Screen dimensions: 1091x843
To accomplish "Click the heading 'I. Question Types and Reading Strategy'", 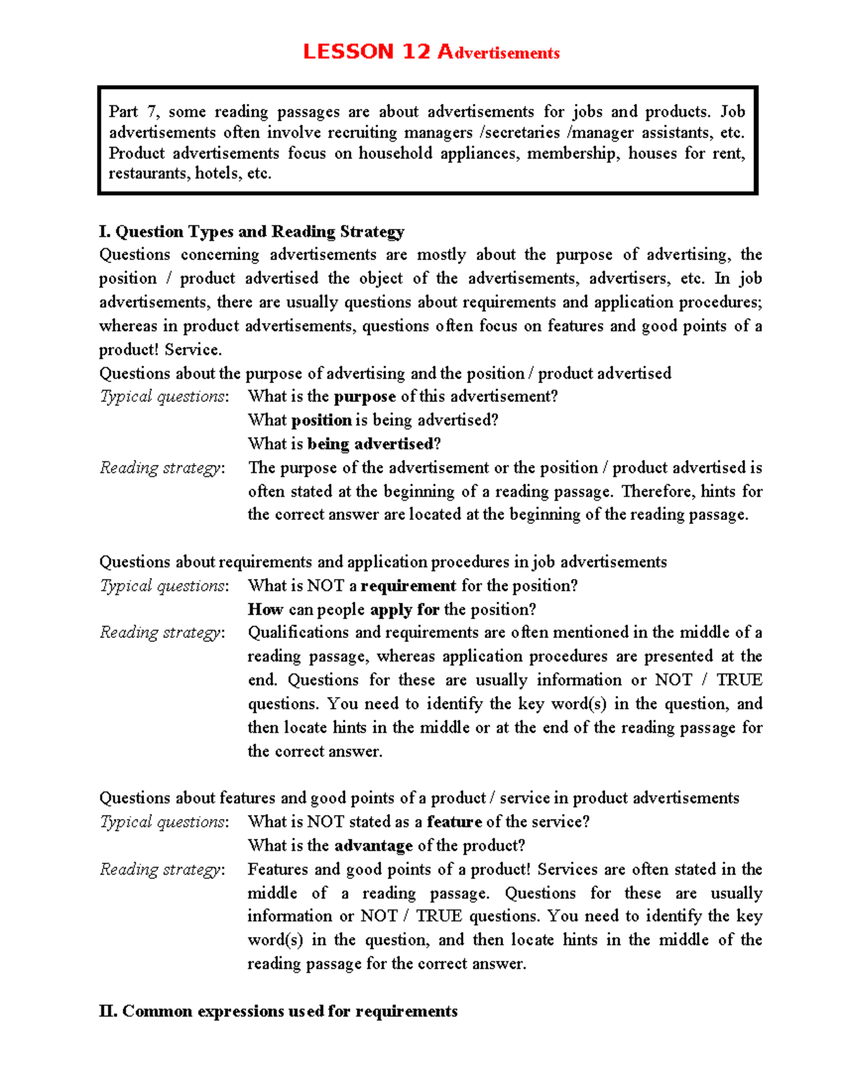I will (251, 232).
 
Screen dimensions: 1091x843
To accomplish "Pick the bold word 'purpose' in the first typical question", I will (365, 396).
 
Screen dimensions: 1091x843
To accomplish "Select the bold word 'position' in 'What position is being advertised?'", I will (321, 420).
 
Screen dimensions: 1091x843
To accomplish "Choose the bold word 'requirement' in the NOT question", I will (408, 586).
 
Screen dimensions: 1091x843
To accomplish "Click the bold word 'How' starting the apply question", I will (266, 609).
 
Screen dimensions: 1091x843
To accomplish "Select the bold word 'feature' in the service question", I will (454, 822).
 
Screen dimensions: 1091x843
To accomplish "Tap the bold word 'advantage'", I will (373, 845).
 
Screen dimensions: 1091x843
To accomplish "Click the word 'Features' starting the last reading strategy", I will (277, 869).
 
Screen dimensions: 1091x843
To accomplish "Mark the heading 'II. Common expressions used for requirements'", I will (278, 1011).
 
